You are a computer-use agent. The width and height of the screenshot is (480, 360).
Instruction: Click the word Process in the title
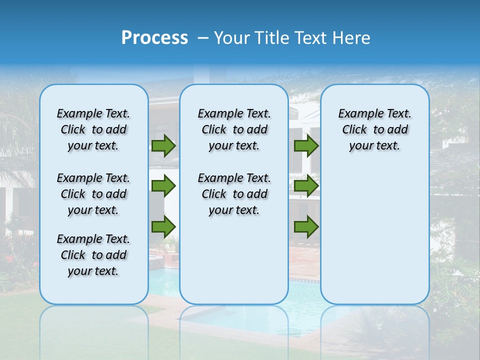(154, 38)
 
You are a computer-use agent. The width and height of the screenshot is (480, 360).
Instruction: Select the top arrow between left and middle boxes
(163, 146)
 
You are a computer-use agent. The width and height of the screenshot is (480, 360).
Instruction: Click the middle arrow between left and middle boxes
(163, 186)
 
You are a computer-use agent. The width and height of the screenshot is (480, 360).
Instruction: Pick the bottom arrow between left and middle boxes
(163, 226)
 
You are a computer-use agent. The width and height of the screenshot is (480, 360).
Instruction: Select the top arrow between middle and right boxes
(306, 146)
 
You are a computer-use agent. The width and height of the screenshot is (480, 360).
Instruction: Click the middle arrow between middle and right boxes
(306, 186)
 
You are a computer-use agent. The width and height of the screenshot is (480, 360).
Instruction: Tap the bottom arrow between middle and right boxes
(306, 226)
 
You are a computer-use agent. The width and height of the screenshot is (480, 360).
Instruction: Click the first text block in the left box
(93, 129)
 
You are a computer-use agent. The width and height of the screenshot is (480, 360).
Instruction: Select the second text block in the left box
(93, 194)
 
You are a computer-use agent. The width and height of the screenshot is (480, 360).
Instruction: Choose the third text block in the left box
(93, 255)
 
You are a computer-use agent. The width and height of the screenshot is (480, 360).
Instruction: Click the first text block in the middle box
(234, 129)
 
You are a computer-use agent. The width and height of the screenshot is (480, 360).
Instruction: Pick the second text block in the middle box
(234, 194)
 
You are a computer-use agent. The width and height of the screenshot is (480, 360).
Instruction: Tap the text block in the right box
(374, 129)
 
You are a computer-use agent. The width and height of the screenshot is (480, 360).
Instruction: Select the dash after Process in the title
(203, 38)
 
